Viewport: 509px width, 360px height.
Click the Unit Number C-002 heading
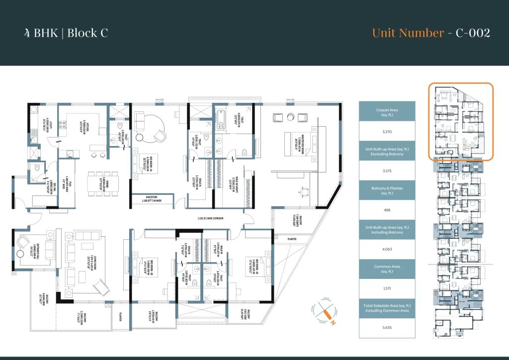click(x=431, y=33)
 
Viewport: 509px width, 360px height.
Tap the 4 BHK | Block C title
click(x=66, y=33)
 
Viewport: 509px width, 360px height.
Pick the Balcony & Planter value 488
click(x=386, y=210)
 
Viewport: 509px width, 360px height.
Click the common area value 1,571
click(x=386, y=288)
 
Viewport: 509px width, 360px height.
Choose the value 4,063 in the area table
click(x=386, y=249)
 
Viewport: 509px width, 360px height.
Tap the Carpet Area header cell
click(x=386, y=112)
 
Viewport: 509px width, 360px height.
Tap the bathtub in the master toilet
click(x=219, y=119)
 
